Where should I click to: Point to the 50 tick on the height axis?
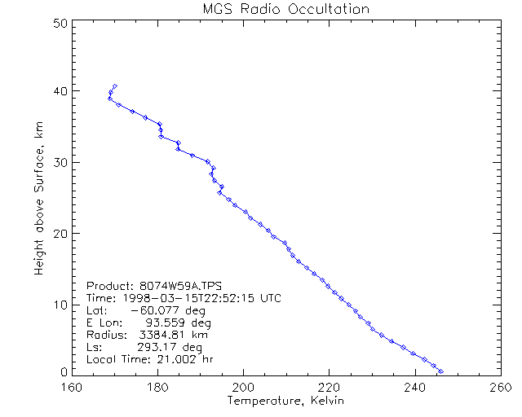60,24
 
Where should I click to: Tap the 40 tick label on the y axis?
60,90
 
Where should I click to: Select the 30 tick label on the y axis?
60,162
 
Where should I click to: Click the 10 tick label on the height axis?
60,305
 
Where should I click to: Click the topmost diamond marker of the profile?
115,86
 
